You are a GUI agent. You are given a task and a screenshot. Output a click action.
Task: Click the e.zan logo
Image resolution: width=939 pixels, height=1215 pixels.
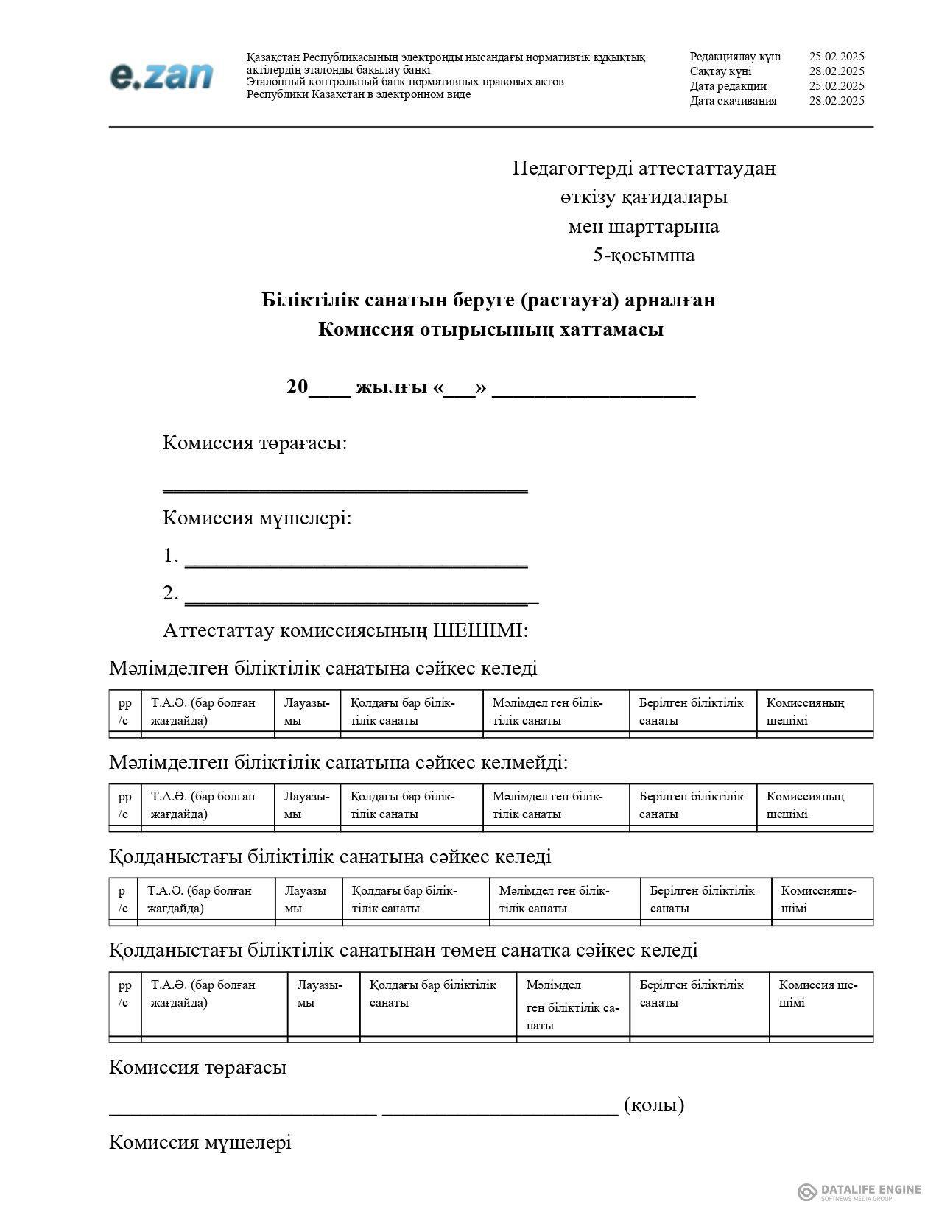coord(162,77)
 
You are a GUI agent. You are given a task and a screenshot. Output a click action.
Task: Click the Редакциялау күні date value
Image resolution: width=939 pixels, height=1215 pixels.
coord(836,57)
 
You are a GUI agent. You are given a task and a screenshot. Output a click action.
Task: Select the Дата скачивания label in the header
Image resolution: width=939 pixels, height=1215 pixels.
coord(733,101)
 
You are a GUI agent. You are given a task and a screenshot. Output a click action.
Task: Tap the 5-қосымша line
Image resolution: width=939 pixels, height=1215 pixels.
coord(644,256)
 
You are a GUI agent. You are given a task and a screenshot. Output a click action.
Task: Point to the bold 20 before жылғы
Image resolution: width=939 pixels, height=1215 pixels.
coord(297,387)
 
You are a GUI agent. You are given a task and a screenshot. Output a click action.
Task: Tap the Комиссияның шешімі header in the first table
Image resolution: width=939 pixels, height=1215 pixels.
coord(805,711)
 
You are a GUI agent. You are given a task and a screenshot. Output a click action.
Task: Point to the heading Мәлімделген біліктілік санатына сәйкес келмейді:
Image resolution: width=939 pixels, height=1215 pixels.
coord(338,762)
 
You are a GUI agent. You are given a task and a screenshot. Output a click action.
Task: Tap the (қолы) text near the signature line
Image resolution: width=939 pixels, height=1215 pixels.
coord(653,1105)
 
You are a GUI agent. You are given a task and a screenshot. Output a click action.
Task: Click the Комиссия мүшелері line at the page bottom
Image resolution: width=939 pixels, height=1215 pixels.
coord(200,1142)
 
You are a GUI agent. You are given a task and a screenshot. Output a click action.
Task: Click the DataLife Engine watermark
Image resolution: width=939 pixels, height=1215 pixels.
coord(859,1191)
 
